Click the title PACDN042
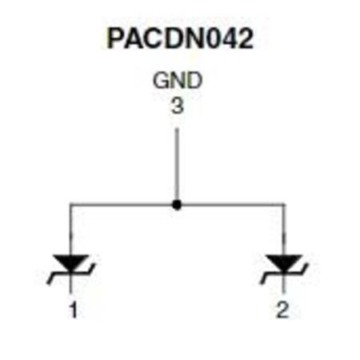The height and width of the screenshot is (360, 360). (x=180, y=38)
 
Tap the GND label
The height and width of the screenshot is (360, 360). (x=178, y=80)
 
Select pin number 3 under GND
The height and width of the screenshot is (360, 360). (x=178, y=106)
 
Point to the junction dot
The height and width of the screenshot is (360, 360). (x=177, y=205)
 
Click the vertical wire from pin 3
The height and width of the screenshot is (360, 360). (x=177, y=165)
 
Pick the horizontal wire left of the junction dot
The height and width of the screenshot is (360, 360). (x=122, y=205)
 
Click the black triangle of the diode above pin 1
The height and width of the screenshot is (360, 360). (x=71, y=263)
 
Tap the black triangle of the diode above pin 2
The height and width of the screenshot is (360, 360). (x=284, y=263)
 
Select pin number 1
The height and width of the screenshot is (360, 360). (x=74, y=310)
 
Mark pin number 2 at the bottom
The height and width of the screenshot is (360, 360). (x=283, y=310)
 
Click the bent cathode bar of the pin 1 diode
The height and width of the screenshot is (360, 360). (x=71, y=274)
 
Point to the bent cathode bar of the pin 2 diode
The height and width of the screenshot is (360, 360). (x=284, y=274)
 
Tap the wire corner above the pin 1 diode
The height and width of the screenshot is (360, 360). (x=70, y=205)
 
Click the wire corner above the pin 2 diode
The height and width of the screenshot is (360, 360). (x=284, y=205)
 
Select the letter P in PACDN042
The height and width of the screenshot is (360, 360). (x=115, y=38)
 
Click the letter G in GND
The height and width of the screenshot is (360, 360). (x=161, y=80)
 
